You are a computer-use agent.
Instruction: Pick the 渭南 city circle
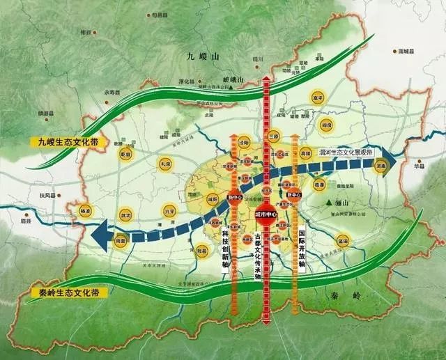tap(380, 167)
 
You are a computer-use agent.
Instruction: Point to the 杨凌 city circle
tap(86, 209)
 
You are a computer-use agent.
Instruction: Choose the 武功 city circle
tap(125, 215)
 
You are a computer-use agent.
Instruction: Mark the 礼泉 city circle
tap(164, 164)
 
